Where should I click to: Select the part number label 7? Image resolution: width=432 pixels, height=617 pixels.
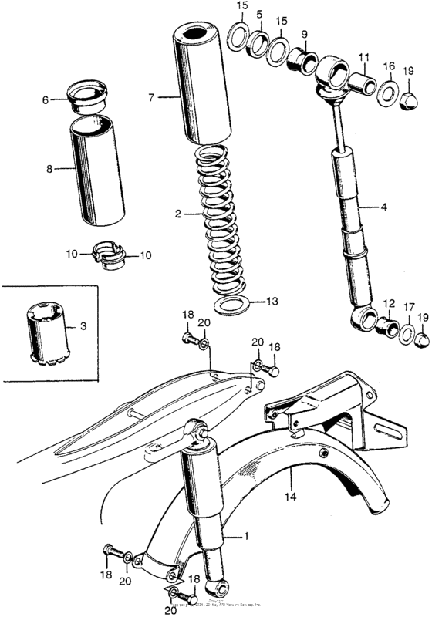152,98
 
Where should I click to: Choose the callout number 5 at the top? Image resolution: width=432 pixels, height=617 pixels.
259,14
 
